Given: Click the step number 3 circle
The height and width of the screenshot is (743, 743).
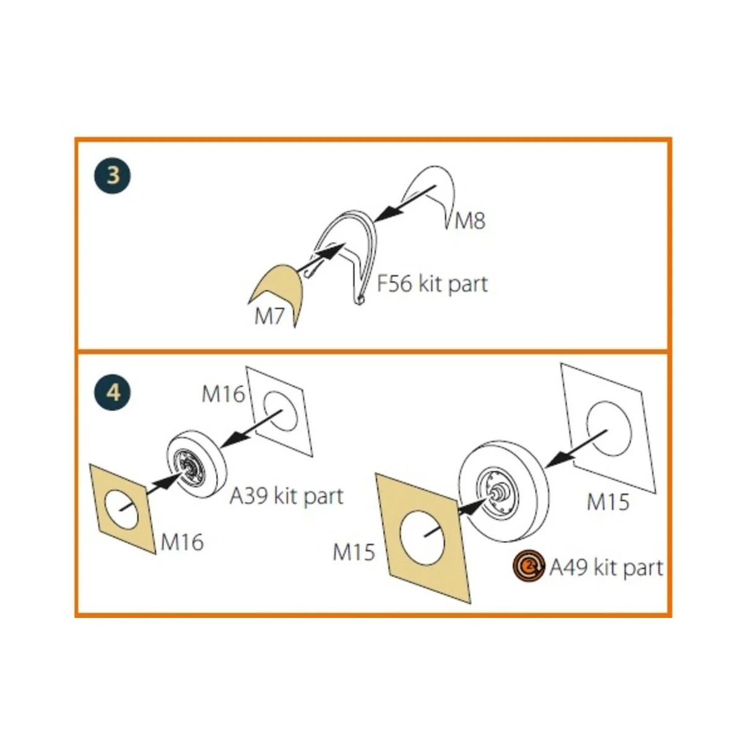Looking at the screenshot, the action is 112,175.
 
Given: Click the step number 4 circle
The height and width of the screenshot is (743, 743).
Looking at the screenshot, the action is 112,393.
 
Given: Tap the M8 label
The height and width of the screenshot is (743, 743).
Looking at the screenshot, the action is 469,221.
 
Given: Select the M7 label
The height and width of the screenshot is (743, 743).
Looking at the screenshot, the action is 269,317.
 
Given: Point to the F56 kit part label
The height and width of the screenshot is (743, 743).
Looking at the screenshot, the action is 432,284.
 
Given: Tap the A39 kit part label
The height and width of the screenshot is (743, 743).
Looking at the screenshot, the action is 286,496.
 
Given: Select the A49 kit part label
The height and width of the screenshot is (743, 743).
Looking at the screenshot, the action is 606,568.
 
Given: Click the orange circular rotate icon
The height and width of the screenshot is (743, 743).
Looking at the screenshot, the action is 529,566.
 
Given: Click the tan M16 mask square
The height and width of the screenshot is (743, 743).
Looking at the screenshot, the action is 123,509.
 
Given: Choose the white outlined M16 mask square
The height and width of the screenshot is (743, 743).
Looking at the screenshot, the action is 280,411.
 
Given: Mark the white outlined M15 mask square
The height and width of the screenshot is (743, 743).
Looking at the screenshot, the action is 609,428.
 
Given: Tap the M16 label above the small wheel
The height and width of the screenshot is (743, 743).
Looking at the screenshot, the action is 224,394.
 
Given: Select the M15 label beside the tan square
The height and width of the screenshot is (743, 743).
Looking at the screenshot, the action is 354,552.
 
